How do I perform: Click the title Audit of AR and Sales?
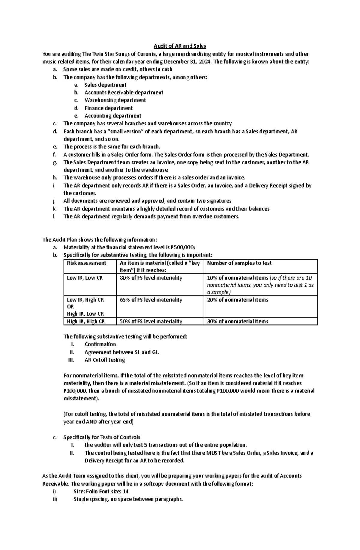pyautogui.click(x=180, y=46)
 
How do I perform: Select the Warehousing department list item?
pyautogui.click(x=115, y=100)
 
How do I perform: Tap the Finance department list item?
pyautogui.click(x=108, y=108)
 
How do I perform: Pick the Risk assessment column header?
pyautogui.click(x=86, y=263)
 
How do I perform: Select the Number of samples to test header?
pyautogui.click(x=239, y=263)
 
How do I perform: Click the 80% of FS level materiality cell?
pyautogui.click(x=151, y=278)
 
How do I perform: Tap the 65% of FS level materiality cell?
pyautogui.click(x=151, y=300)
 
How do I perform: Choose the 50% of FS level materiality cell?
pyautogui.click(x=151, y=321)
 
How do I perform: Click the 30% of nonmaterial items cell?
pyautogui.click(x=238, y=321)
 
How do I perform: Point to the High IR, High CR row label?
pyautogui.click(x=86, y=321)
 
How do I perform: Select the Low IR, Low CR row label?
pyautogui.click(x=85, y=278)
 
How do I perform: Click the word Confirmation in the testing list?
pyautogui.click(x=100, y=344)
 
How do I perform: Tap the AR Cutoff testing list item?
pyautogui.click(x=105, y=360)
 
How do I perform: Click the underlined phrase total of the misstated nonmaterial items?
pyautogui.click(x=183, y=376)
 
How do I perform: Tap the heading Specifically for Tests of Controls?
pyautogui.click(x=102, y=437)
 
